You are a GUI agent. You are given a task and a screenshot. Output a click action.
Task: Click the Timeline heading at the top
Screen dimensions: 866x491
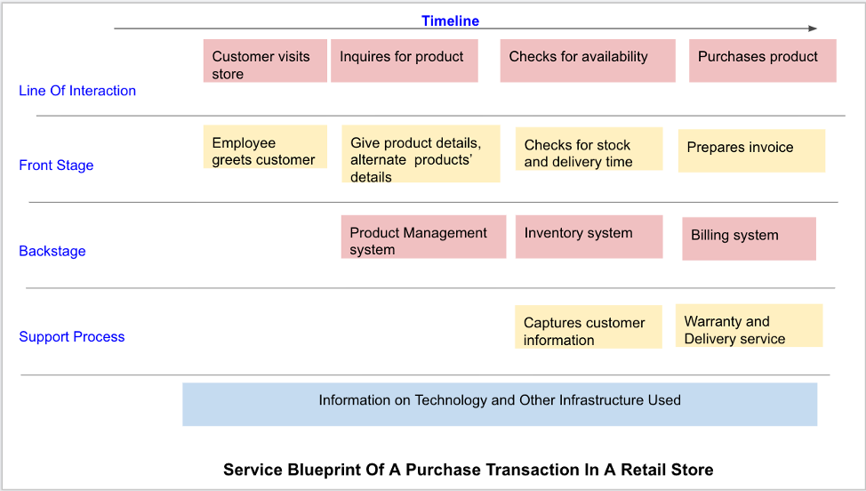[x=450, y=21]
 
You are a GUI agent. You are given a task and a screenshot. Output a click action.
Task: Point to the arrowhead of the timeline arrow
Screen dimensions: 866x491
[x=813, y=28]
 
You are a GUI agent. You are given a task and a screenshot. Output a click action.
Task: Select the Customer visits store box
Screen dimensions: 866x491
[x=265, y=60]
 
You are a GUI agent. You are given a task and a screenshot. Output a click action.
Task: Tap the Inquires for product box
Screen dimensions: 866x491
[x=405, y=60]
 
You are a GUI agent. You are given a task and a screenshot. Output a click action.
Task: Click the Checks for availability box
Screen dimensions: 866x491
[x=588, y=60]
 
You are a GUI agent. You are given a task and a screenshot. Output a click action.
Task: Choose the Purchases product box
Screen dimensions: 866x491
[x=763, y=60]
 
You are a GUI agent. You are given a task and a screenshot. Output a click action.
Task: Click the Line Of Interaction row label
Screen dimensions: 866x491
[x=77, y=91]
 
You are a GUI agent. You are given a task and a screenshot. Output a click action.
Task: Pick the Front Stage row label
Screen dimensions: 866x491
[x=56, y=165]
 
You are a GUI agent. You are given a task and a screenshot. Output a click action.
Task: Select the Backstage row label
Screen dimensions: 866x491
[x=52, y=252]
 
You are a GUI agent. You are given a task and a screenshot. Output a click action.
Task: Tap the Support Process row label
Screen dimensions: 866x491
[x=72, y=337]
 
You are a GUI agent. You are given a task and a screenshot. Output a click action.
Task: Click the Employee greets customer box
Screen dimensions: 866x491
[x=265, y=147]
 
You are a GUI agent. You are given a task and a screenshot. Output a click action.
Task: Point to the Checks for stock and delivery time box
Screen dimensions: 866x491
[x=589, y=149]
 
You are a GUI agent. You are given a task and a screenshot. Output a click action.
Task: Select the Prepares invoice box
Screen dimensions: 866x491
[x=751, y=151]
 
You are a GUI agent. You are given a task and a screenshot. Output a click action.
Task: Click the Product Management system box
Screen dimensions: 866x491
[x=423, y=237]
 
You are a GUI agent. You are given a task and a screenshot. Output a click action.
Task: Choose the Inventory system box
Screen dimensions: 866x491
[x=589, y=237]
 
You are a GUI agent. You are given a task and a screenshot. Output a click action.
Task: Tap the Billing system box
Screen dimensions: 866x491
[x=749, y=238]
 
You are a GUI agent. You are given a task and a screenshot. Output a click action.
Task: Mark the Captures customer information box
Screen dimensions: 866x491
[x=589, y=327]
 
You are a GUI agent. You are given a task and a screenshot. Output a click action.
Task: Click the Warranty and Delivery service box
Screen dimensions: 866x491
[x=749, y=326]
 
